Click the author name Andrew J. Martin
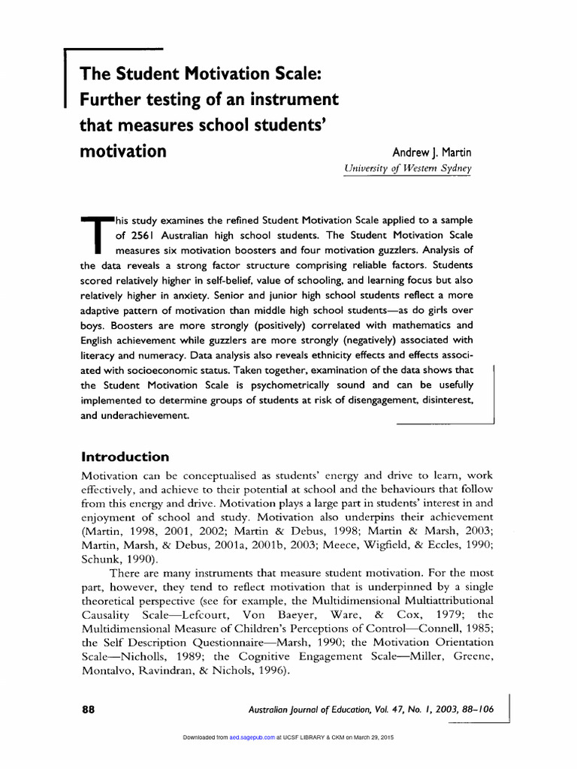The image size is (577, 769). [432, 152]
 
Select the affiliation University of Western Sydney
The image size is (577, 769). [407, 169]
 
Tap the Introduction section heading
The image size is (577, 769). [125, 457]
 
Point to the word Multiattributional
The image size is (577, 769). [443, 601]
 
